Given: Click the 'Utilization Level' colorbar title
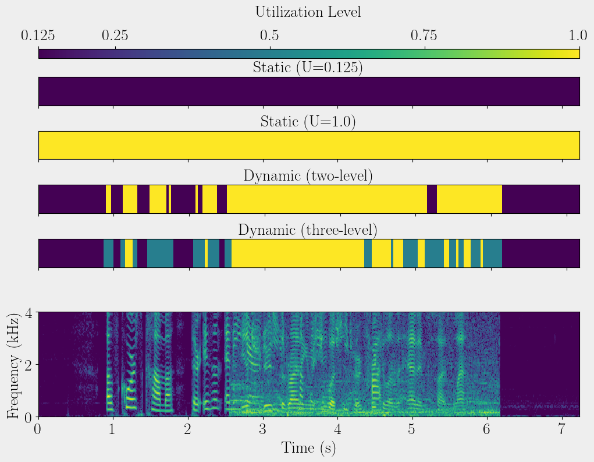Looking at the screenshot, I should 308,12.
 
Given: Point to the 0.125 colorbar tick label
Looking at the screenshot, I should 38,36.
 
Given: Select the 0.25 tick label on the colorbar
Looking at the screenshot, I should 115,36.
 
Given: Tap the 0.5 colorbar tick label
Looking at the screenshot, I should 269,36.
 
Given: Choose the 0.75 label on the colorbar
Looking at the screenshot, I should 425,36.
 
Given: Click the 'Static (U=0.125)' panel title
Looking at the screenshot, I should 308,68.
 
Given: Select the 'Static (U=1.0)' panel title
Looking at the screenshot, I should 308,122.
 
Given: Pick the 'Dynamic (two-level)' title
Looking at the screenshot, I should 308,176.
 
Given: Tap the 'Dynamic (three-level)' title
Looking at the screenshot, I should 308,230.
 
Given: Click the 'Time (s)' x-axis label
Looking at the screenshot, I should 308,448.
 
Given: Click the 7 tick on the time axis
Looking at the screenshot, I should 561,430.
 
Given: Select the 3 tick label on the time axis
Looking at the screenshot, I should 263,430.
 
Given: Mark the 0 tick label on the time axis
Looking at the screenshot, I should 38,430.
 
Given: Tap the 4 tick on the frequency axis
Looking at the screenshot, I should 28,313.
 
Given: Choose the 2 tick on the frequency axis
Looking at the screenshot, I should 28,365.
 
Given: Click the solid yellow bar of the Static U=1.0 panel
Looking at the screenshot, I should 309,145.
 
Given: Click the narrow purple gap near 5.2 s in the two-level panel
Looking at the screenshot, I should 432,199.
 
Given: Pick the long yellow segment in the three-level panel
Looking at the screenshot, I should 297,253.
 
